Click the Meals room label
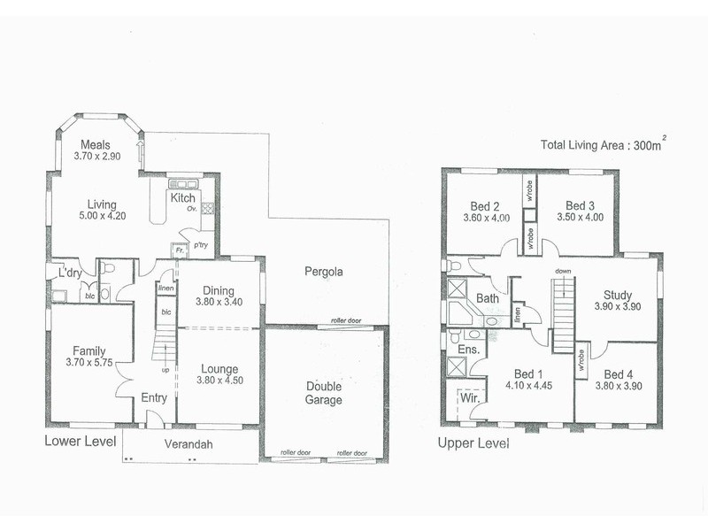(x=95, y=145)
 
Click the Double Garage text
(x=324, y=392)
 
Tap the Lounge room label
(x=219, y=369)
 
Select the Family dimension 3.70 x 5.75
(x=88, y=363)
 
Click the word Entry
(x=154, y=398)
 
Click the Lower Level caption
(x=81, y=440)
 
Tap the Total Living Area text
(x=603, y=147)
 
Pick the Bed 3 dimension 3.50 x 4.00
(x=581, y=217)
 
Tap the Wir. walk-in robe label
(x=469, y=399)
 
